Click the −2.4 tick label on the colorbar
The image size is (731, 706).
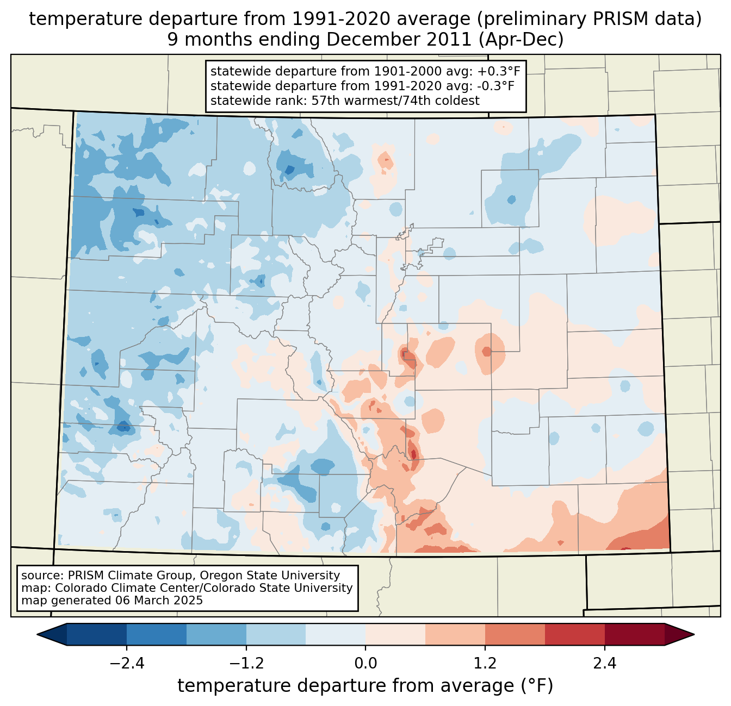[x=126, y=664]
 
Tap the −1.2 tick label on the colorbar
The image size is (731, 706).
[x=246, y=664]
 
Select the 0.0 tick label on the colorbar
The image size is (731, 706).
[x=365, y=664]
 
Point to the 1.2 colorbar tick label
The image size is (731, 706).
[x=485, y=664]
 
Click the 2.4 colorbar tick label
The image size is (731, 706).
[x=605, y=664]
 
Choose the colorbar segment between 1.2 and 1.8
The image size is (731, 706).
[x=515, y=634]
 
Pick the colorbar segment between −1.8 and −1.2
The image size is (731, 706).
[x=216, y=634]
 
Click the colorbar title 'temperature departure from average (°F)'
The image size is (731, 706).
[x=365, y=686]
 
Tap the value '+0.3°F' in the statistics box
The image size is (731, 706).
[x=499, y=71]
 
